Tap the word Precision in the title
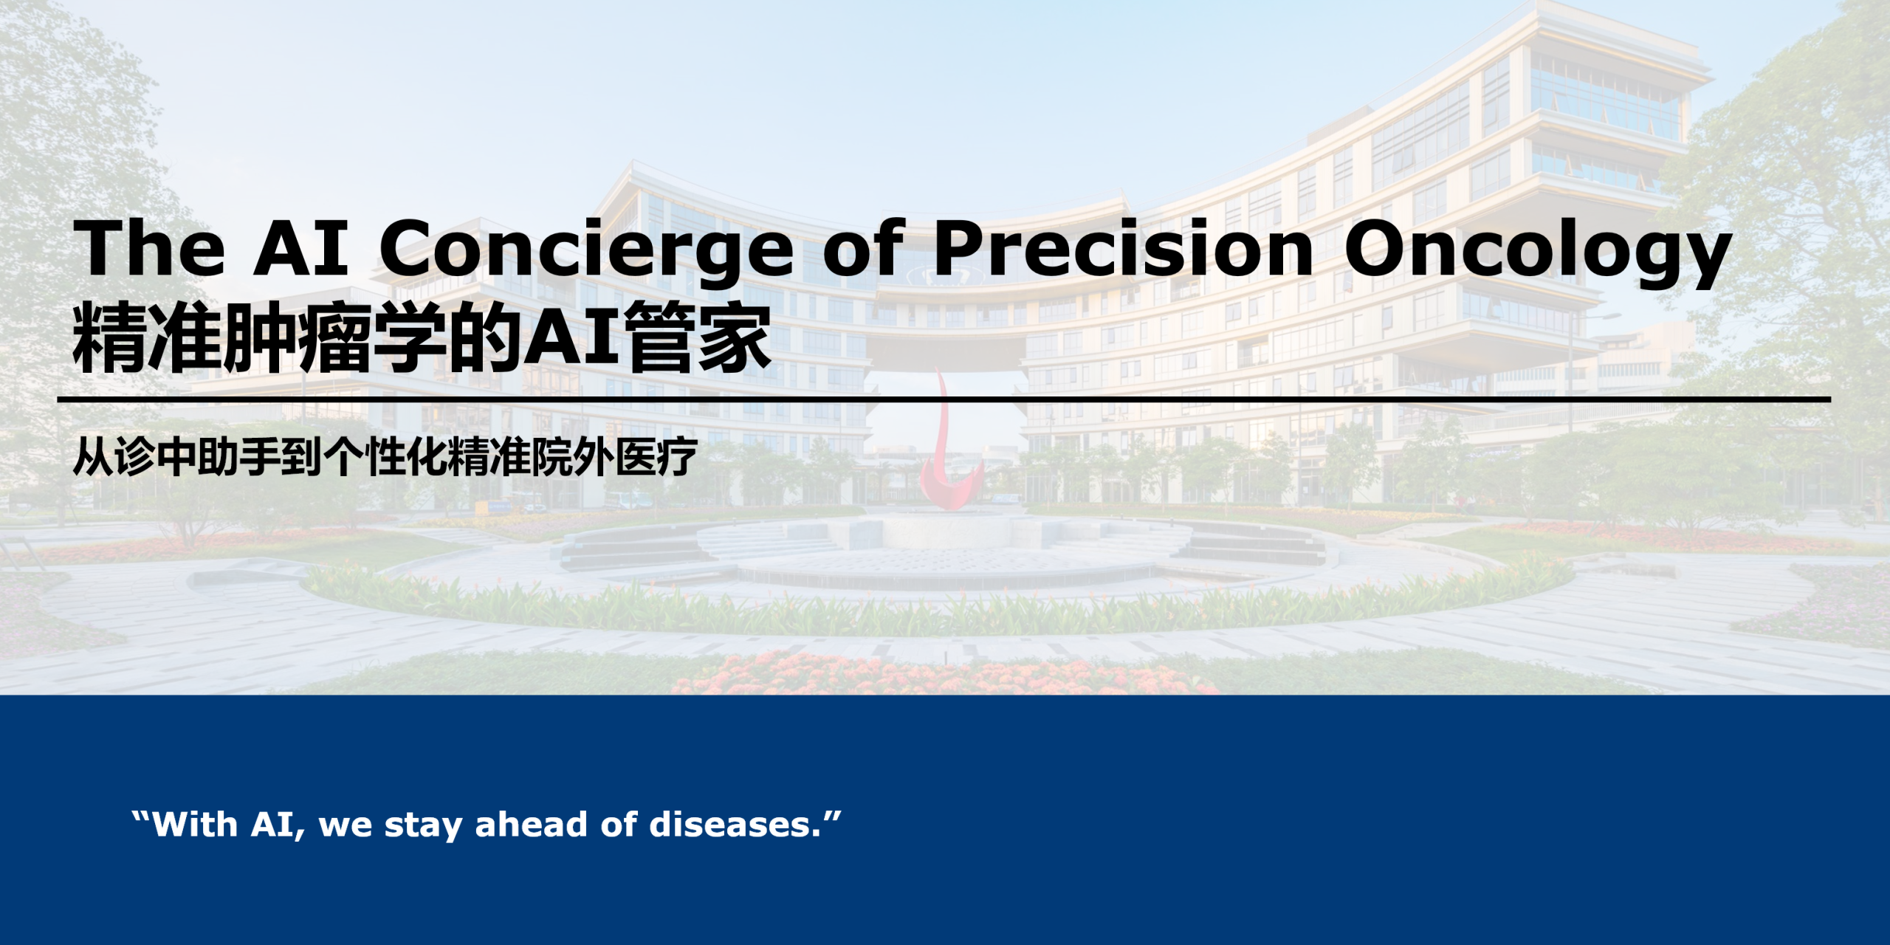point(1123,247)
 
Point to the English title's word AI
point(301,247)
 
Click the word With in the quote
point(196,825)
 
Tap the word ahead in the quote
point(532,825)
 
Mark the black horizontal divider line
point(944,399)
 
